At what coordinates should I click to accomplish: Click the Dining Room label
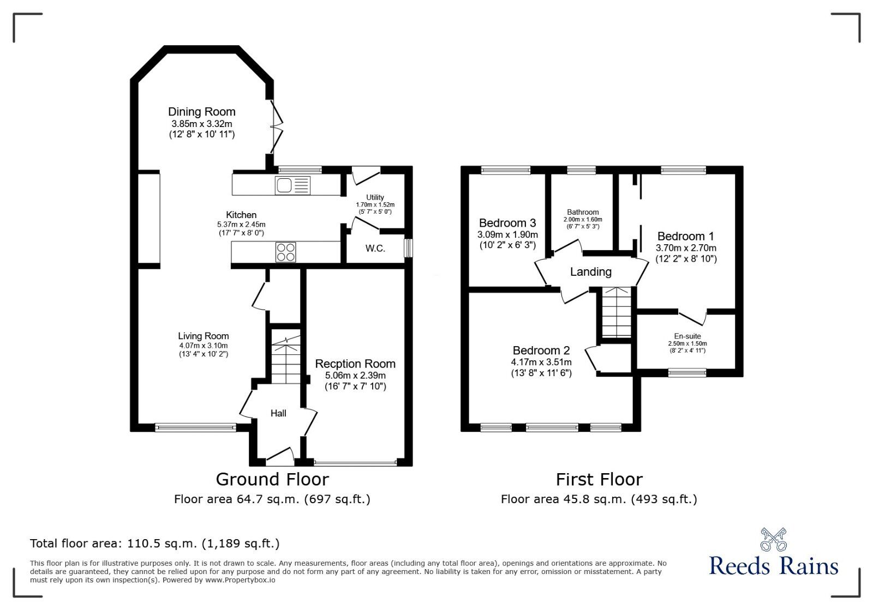(201, 112)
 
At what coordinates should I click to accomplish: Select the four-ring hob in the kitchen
(286, 252)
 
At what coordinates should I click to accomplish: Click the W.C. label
(375, 249)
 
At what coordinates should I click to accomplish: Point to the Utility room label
(375, 197)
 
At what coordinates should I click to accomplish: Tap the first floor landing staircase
(617, 313)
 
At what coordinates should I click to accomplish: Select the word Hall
(278, 413)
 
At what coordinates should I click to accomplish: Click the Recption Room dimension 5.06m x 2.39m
(355, 376)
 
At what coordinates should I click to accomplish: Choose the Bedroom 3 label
(507, 223)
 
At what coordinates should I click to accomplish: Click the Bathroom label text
(583, 212)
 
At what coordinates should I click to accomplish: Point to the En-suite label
(687, 336)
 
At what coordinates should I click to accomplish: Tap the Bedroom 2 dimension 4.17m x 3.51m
(541, 363)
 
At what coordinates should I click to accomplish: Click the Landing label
(590, 271)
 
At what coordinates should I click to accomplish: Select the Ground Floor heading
(272, 479)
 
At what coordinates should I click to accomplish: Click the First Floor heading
(599, 479)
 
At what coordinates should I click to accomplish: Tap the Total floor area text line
(154, 543)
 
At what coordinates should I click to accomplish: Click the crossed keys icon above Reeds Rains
(773, 540)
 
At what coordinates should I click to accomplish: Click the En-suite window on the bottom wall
(687, 373)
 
